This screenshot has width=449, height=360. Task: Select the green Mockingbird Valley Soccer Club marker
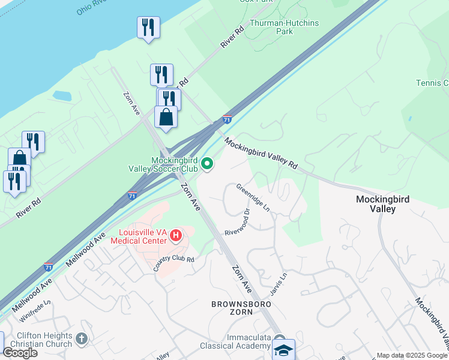point(207,163)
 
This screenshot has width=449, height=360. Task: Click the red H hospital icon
point(176,235)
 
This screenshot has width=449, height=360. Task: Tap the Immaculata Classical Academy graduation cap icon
point(283,349)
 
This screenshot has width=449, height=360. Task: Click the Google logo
point(20,352)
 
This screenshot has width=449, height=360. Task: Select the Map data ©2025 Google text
point(411,355)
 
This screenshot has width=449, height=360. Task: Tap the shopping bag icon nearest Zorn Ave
point(166,117)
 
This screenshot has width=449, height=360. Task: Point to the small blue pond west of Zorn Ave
point(62,95)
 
